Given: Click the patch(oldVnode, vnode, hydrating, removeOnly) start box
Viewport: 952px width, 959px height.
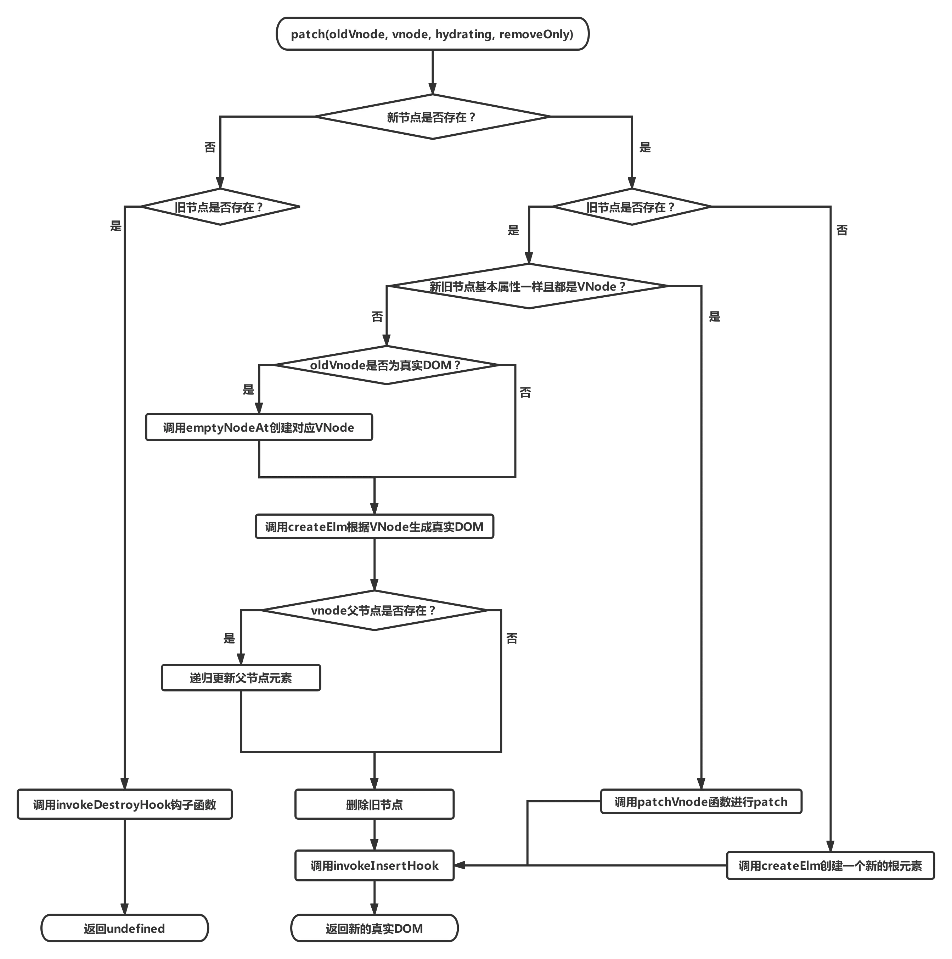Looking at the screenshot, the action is [432, 34].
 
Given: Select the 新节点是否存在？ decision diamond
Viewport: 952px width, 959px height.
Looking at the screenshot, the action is [432, 117].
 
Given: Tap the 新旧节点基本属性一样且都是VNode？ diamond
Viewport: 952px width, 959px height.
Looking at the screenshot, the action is [528, 286].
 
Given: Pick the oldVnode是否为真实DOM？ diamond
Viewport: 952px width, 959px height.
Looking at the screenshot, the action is [386, 365].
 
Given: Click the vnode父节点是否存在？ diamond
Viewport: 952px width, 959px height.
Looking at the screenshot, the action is [374, 611].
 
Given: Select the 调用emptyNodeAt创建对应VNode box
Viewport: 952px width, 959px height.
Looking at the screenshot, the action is [259, 427].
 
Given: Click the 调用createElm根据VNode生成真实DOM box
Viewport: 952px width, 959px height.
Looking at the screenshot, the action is [374, 527].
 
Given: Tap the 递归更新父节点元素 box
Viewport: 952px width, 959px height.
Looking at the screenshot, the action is [241, 678].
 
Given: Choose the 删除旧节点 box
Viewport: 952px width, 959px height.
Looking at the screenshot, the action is [374, 804].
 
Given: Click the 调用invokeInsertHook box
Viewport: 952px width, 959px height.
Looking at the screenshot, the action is [374, 866].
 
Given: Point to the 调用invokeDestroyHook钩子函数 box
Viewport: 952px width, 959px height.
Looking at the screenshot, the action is [125, 804].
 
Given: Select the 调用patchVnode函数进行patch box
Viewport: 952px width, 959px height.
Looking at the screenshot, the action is [701, 802].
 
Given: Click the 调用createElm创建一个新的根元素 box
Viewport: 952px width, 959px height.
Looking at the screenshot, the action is [830, 866].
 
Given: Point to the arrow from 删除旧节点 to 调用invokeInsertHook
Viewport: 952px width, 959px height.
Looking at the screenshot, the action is [374, 835].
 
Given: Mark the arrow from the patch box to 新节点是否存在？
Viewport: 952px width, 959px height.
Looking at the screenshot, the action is [433, 72].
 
